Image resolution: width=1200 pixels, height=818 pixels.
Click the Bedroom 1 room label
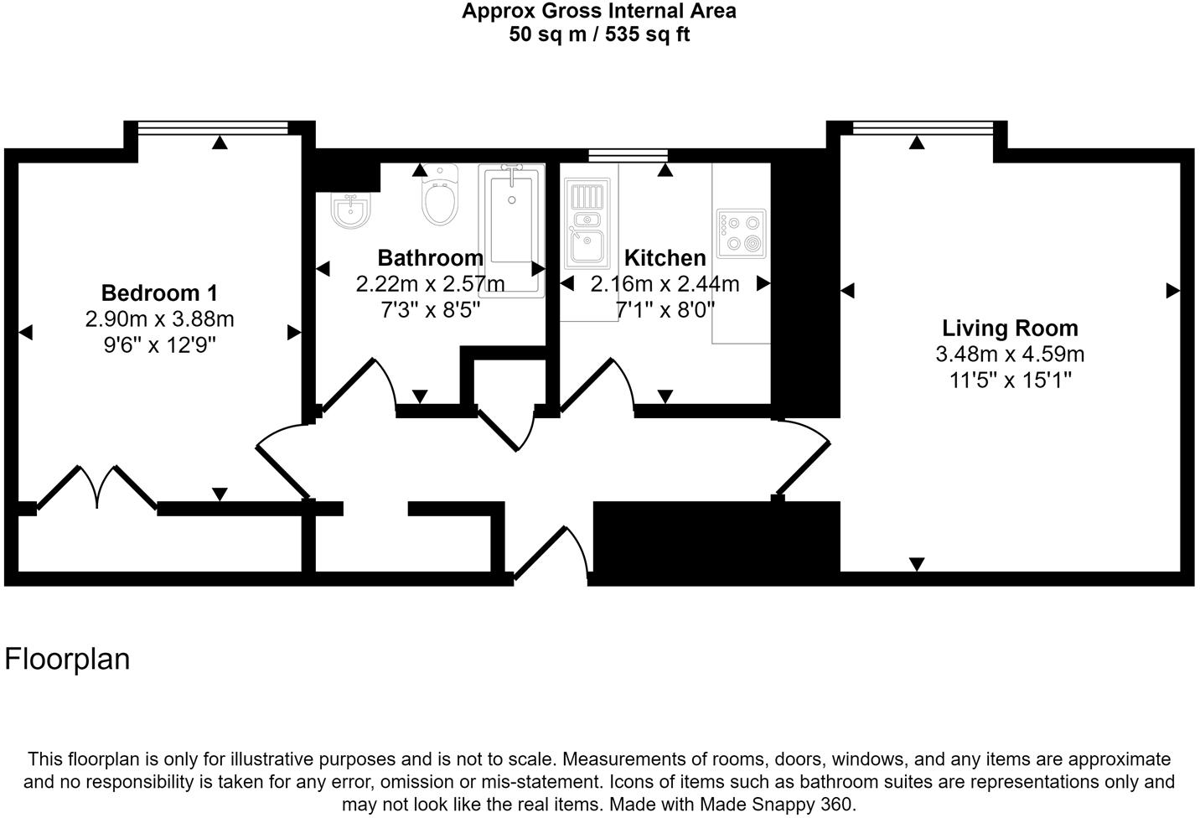click(x=159, y=293)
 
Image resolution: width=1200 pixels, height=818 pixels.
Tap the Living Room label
click(x=1010, y=328)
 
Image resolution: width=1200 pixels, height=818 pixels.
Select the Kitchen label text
click(x=665, y=257)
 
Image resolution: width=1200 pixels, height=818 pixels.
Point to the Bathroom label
click(x=430, y=257)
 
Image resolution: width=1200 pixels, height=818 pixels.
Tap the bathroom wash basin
click(x=350, y=211)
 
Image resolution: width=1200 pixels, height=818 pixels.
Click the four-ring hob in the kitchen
click(x=741, y=233)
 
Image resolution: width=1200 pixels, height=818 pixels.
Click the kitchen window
click(x=628, y=155)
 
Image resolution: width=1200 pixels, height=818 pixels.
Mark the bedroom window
click(x=213, y=127)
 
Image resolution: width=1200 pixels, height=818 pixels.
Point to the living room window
click(x=923, y=127)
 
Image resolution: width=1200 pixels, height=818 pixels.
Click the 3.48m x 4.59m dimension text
click(x=1010, y=354)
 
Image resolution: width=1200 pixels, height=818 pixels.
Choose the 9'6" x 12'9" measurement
click(x=159, y=344)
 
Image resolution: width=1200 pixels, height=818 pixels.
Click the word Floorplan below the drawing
click(x=68, y=659)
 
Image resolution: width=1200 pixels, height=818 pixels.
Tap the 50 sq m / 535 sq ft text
click(x=599, y=35)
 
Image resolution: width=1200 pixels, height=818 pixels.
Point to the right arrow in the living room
click(x=1172, y=291)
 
